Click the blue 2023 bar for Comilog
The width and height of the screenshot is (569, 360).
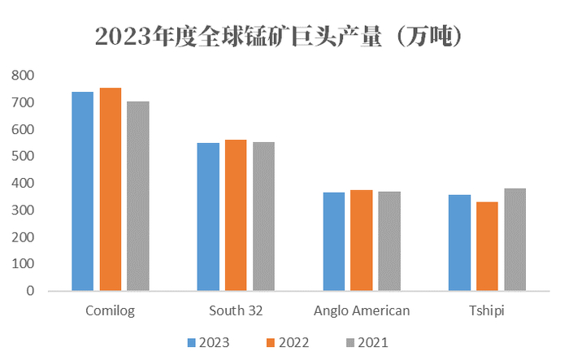click(x=82, y=191)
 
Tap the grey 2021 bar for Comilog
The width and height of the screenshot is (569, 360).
click(x=137, y=196)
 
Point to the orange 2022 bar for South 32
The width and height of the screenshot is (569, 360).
click(x=236, y=215)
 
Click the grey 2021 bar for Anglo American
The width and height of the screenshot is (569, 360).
click(x=389, y=241)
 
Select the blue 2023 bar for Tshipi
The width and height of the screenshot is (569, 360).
click(x=459, y=243)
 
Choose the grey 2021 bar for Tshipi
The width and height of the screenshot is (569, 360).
click(x=515, y=240)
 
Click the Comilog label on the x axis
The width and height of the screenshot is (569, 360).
click(x=110, y=310)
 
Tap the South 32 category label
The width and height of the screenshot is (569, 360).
click(x=236, y=310)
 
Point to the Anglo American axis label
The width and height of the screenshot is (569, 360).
click(x=362, y=310)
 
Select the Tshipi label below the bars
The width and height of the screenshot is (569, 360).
click(x=487, y=310)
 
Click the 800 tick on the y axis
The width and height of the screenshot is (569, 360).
click(x=24, y=76)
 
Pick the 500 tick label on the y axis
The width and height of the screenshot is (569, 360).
click(x=24, y=156)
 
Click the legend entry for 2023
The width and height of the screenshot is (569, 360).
click(x=207, y=343)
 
